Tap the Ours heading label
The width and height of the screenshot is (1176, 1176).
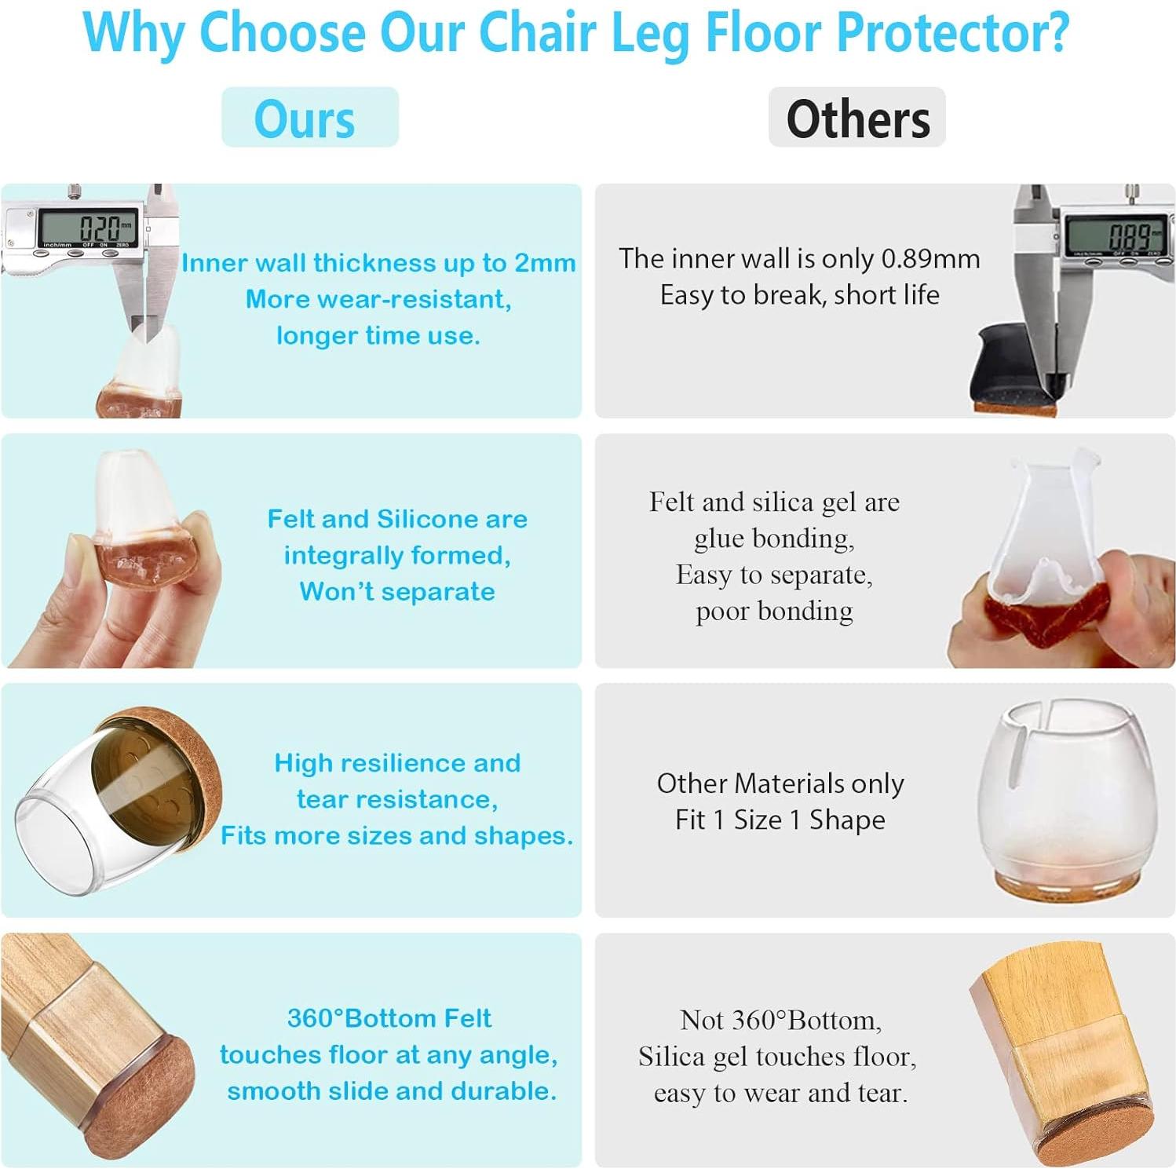pyautogui.click(x=305, y=119)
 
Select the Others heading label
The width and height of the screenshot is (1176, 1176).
pyautogui.click(x=857, y=119)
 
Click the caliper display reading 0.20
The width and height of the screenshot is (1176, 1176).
pyautogui.click(x=88, y=228)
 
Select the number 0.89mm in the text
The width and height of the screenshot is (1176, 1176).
pyautogui.click(x=930, y=259)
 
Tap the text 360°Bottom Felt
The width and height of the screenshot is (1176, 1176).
pyautogui.click(x=389, y=1018)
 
